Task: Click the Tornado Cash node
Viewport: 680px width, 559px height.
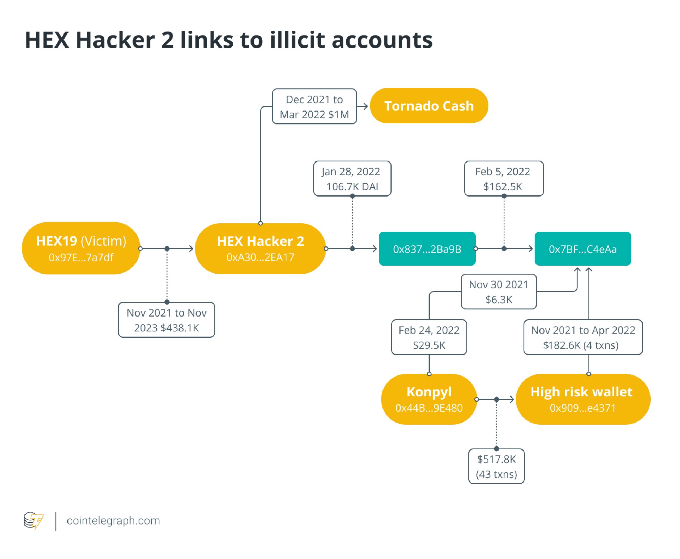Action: click(x=429, y=106)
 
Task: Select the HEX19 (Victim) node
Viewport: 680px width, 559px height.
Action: click(x=81, y=248)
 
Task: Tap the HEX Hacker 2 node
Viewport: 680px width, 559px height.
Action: click(x=260, y=248)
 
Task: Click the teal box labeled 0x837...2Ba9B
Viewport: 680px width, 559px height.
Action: click(x=427, y=249)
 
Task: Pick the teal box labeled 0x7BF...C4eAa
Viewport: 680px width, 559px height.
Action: click(x=583, y=249)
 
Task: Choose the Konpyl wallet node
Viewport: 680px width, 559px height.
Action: click(x=429, y=399)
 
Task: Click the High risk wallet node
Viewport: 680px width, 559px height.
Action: click(x=583, y=399)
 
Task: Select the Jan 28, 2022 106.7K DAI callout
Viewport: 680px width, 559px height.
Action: click(x=352, y=179)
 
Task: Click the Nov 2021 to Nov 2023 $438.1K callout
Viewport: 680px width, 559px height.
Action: click(x=166, y=320)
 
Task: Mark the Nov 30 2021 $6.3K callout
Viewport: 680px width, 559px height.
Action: click(x=498, y=292)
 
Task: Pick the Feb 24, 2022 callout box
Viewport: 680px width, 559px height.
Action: click(x=429, y=337)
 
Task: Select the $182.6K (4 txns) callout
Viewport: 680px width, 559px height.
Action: click(x=583, y=337)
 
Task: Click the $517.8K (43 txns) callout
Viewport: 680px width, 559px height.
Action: click(x=496, y=466)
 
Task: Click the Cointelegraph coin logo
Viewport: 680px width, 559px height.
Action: click(x=33, y=521)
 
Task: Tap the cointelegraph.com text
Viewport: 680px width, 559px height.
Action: click(x=113, y=521)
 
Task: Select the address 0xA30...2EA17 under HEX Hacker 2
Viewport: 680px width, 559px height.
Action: click(x=260, y=257)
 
